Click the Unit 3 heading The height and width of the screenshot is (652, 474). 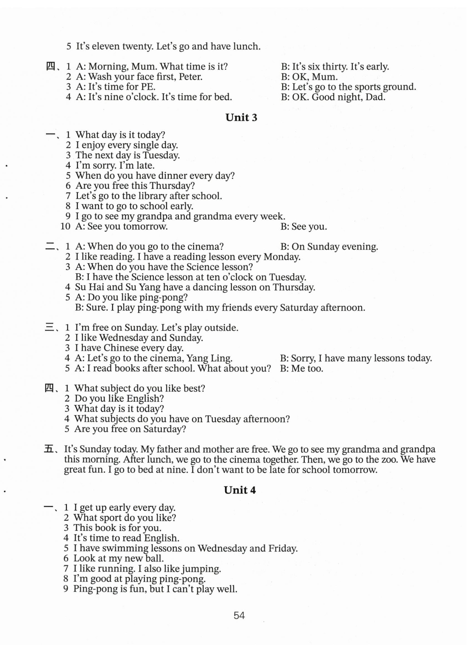click(241, 117)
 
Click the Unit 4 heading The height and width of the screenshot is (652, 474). click(240, 490)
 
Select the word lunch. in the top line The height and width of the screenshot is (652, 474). click(247, 46)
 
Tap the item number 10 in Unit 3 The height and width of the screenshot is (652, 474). click(66, 227)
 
